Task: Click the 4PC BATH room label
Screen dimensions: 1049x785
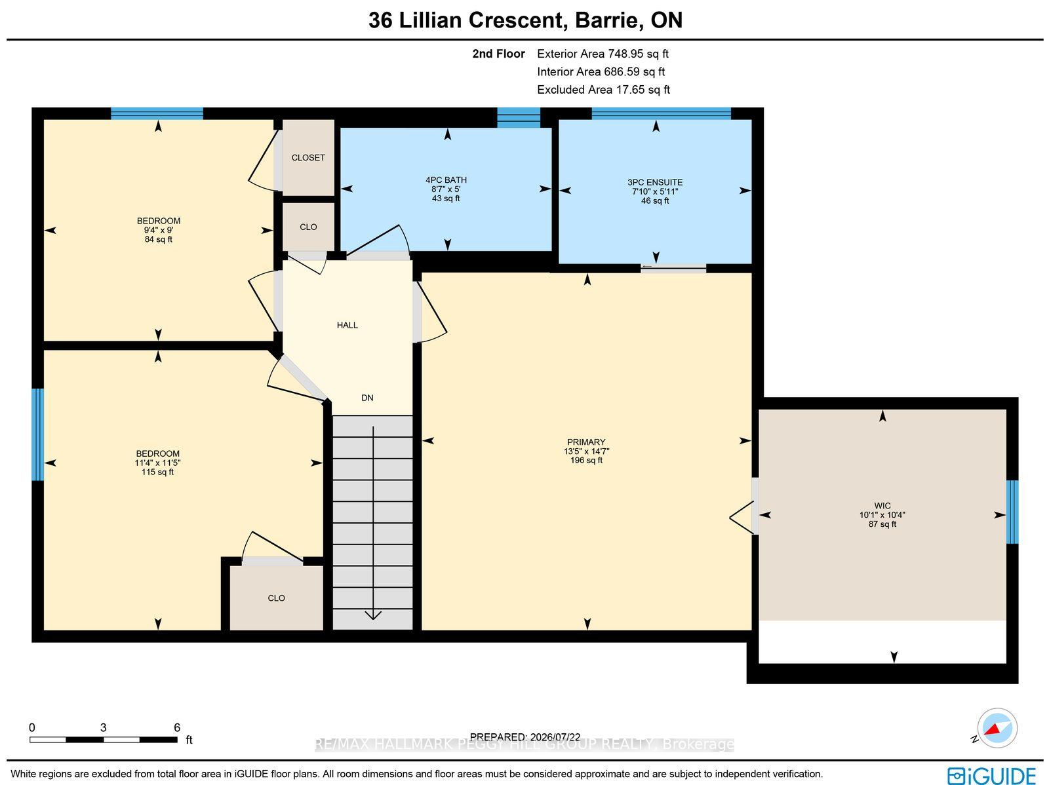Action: tap(446, 180)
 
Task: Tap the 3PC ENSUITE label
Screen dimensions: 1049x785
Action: tap(655, 182)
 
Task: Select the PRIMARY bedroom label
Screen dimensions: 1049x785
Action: tap(586, 442)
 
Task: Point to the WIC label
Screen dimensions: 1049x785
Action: tap(882, 506)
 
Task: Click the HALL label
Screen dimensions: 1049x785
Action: tap(347, 325)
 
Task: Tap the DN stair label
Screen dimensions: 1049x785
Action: tap(367, 398)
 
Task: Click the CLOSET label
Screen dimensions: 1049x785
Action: tap(308, 157)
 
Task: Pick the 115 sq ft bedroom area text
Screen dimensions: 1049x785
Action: tap(157, 472)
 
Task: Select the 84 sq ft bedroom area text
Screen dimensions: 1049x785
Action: tap(158, 239)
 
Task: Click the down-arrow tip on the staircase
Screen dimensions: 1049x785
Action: tap(373, 619)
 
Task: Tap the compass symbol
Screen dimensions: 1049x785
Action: tap(997, 728)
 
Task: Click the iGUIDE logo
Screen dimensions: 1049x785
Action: tap(991, 775)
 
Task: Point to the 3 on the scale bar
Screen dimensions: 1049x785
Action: tap(103, 727)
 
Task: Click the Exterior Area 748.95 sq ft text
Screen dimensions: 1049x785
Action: tap(603, 54)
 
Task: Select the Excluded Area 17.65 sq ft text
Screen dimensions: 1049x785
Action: tap(603, 90)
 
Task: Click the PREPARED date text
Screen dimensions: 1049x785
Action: tap(524, 737)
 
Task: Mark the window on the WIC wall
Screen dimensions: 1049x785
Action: tap(1012, 512)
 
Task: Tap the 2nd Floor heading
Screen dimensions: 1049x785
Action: tap(498, 54)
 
